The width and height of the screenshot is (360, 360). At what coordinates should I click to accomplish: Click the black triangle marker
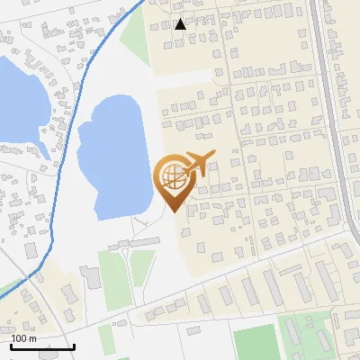pos(181,24)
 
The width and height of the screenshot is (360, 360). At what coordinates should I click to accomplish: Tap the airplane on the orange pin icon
pos(198,165)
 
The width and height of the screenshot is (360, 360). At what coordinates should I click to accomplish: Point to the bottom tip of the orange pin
pos(172,211)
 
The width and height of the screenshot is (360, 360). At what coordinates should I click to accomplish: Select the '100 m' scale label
pos(23,338)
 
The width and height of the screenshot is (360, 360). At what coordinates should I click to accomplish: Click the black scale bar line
pos(41,346)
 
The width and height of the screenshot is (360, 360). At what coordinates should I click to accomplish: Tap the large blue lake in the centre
pos(112,157)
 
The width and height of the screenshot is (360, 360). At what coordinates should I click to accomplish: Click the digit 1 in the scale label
pos(13,338)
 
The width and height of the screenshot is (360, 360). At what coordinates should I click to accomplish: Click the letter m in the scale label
pos(33,338)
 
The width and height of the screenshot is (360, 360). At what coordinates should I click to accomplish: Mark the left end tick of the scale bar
pos(10,345)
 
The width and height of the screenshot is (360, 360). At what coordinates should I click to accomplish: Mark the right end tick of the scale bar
pos(74,345)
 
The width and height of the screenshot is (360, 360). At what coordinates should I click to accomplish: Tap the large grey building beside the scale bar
pos(92,277)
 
